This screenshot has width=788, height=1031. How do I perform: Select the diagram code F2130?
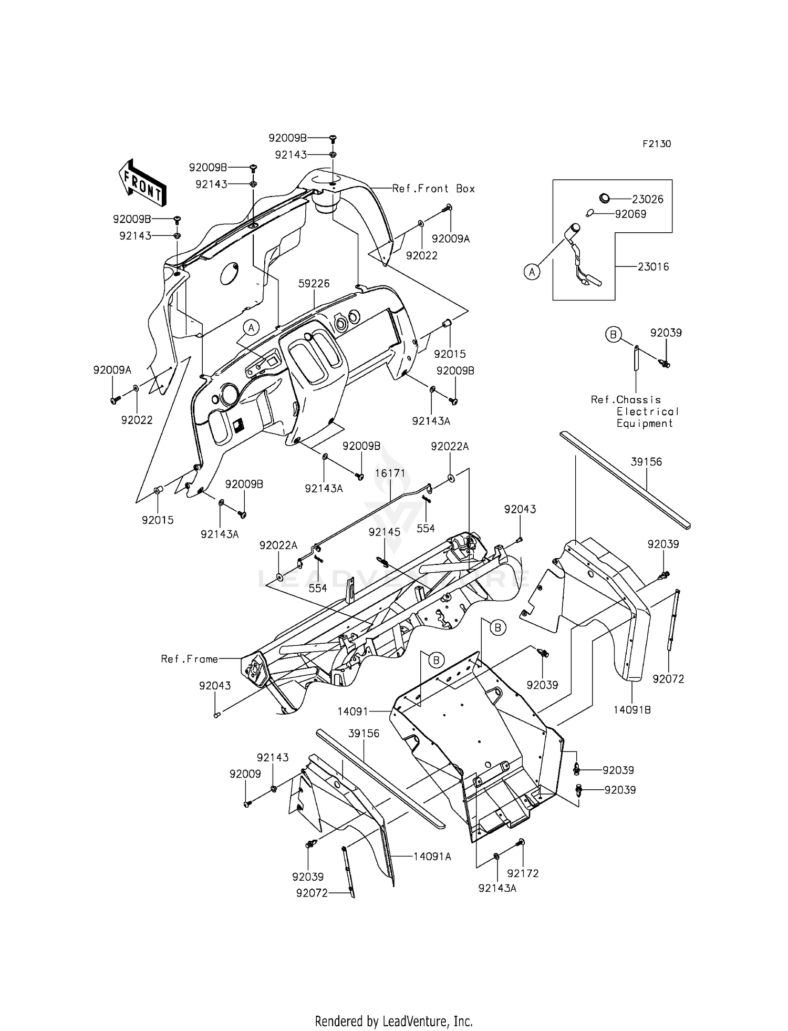click(656, 144)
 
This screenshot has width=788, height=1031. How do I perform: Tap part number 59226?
click(314, 284)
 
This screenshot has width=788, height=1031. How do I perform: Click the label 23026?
click(647, 199)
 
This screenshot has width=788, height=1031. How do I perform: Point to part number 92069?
click(630, 214)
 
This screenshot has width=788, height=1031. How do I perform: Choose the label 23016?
click(653, 267)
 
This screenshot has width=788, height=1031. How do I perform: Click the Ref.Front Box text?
click(433, 189)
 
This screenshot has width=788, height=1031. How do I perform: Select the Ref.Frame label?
click(189, 659)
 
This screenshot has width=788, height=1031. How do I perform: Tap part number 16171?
click(390, 473)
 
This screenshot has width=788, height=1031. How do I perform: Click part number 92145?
click(384, 532)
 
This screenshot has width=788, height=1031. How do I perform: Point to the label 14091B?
click(632, 710)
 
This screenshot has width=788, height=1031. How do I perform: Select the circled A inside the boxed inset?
click(532, 272)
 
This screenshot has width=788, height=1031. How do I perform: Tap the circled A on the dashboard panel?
click(251, 328)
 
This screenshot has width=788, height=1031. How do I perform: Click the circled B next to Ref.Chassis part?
click(613, 334)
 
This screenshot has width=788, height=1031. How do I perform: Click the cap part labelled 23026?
click(605, 198)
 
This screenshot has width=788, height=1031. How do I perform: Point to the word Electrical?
click(647, 411)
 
